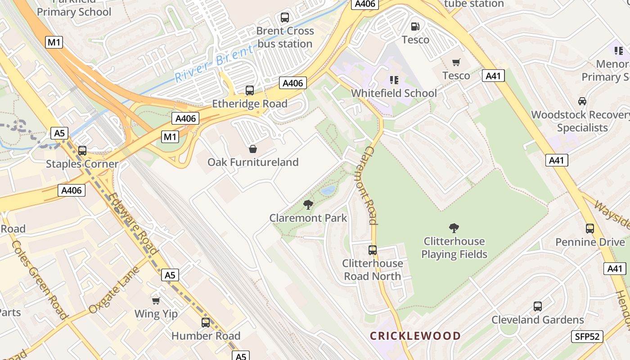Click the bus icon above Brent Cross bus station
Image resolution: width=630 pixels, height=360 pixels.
click(284, 18)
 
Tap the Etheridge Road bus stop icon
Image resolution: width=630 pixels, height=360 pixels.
click(249, 90)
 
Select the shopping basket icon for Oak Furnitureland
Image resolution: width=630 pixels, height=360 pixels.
click(253, 149)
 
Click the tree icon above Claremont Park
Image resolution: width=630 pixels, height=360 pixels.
click(308, 205)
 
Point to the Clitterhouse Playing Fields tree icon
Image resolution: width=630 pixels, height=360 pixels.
click(454, 228)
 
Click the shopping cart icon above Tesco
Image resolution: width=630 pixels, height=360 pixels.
click(456, 62)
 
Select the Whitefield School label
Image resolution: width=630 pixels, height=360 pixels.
click(394, 93)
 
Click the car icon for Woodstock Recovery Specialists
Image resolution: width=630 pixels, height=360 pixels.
click(582, 101)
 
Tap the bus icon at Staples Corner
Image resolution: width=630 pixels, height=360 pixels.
click(82, 151)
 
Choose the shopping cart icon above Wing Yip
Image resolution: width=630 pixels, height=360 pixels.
click(156, 301)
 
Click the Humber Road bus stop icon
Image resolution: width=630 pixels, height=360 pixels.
click(206, 322)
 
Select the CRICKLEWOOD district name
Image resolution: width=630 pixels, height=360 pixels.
click(415, 336)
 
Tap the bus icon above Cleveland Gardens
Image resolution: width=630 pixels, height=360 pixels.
click(537, 306)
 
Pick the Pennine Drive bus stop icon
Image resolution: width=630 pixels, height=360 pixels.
click(590, 229)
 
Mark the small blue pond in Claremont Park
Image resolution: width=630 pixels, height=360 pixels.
click(328, 190)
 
